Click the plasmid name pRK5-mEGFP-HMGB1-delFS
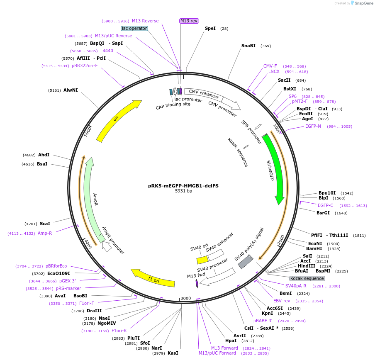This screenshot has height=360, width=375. click(x=183, y=186)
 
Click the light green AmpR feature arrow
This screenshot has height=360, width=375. click(x=90, y=199)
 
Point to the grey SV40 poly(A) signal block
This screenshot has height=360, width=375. click(x=245, y=262)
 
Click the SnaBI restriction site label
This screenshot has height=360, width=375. click(x=248, y=46)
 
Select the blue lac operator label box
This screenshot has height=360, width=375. click(x=134, y=28)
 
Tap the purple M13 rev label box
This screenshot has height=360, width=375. click(x=189, y=21)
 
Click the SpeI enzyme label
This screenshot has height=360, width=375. click(x=210, y=28)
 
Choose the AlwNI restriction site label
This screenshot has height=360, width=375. click(x=71, y=90)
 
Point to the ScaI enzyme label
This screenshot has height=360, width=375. click(x=45, y=224)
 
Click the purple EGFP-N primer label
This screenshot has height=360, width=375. click(x=313, y=126)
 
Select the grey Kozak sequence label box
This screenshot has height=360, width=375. click(x=307, y=278)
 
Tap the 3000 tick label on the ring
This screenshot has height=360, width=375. click(x=185, y=299)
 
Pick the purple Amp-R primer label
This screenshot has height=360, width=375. click(x=45, y=233)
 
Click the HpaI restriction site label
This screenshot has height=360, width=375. click(x=231, y=341)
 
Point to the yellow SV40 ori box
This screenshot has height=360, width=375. click(x=202, y=260)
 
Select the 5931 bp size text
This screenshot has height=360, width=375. click(x=183, y=191)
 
